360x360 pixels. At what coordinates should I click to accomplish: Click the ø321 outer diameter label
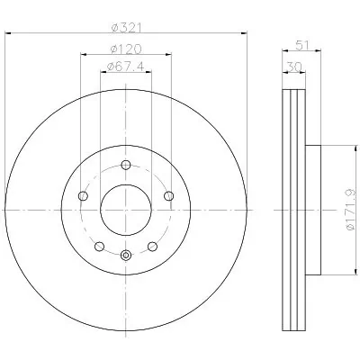pos(126,28)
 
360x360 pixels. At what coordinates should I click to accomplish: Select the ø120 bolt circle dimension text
pos(126,49)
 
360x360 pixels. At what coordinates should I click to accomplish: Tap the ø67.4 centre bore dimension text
pos(125,67)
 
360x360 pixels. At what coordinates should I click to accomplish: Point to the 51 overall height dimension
pos(302,46)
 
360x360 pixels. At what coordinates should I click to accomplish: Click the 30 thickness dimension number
pos(294,67)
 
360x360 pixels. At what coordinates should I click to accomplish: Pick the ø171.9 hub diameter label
pos(351,210)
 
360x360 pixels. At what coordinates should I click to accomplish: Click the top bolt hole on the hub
pos(126,165)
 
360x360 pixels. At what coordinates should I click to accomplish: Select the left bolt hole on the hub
pos(83,196)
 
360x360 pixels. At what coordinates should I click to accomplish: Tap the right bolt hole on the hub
pos(169,196)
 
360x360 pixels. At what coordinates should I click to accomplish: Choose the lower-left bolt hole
pos(99,247)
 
